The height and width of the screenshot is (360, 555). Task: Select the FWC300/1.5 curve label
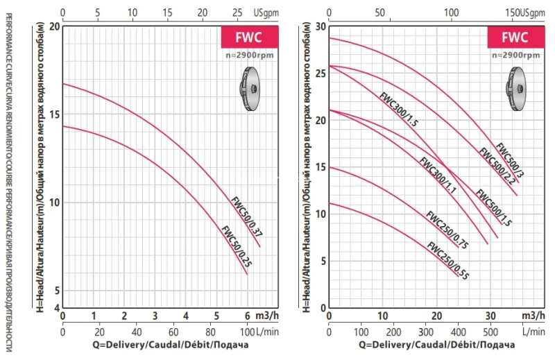[x=398, y=109]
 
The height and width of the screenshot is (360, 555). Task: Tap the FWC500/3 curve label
[x=511, y=160]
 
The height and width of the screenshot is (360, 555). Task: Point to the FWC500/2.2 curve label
[x=496, y=167]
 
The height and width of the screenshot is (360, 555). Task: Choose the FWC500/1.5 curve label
[x=494, y=207]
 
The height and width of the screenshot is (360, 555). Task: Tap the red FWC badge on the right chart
[x=515, y=37]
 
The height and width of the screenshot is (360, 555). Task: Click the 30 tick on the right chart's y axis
[x=321, y=26]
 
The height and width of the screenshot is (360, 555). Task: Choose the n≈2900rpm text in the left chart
[x=249, y=54]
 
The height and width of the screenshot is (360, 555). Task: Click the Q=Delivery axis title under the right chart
[x=437, y=344]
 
